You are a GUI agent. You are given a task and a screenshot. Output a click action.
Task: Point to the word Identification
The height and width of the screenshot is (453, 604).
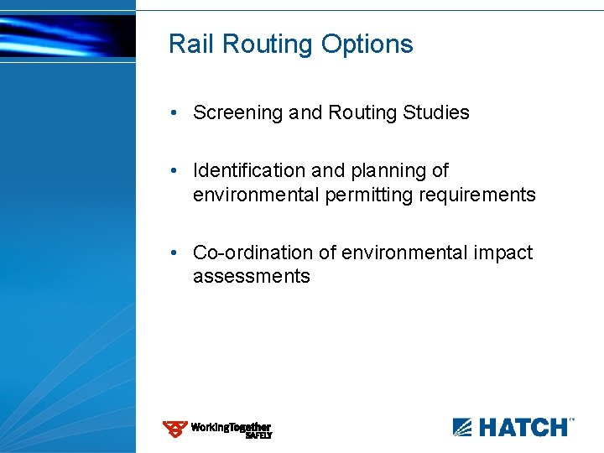(250, 170)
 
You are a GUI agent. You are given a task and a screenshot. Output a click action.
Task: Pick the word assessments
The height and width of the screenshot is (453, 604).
(251, 276)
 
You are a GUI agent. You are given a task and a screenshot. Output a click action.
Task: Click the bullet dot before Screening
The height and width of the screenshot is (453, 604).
(171, 112)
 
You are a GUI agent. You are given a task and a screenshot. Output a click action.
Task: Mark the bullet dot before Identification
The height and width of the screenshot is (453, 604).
(171, 170)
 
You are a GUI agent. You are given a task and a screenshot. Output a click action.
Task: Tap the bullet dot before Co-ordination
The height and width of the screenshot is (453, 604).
(171, 253)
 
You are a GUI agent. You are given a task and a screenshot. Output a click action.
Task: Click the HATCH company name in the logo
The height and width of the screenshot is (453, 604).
(523, 428)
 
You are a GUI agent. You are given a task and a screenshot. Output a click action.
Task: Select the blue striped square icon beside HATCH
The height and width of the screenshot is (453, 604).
(463, 428)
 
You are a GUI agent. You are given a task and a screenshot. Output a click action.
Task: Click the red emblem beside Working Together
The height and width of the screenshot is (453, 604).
(174, 429)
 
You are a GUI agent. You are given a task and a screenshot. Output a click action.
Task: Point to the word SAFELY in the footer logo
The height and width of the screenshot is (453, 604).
(258, 435)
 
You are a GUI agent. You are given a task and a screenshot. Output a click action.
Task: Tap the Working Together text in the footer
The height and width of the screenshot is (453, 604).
(230, 427)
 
